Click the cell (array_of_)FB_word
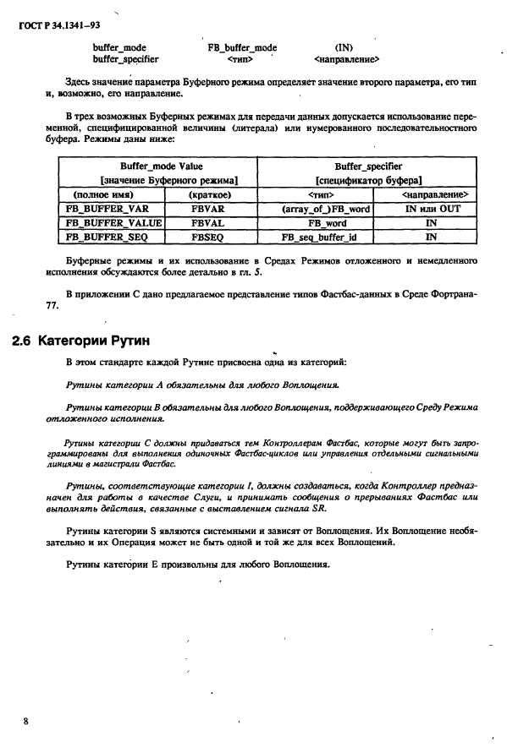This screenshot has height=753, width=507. (325, 208)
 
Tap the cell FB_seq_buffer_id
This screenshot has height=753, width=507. (325, 238)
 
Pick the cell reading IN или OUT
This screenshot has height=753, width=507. (432, 208)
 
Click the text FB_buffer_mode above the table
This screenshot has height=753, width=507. (242, 48)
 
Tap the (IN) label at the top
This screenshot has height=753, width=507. (344, 48)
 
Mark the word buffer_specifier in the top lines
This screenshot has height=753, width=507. (125, 60)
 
